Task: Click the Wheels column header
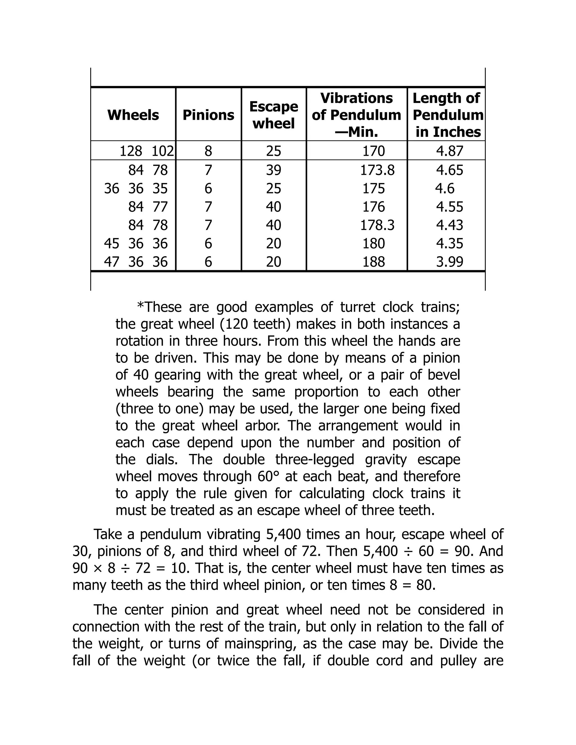click(133, 115)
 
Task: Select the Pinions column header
click(208, 115)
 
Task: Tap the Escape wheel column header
click(274, 115)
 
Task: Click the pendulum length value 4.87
click(449, 151)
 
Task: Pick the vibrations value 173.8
click(377, 170)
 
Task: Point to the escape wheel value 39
click(274, 170)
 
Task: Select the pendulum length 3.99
click(449, 262)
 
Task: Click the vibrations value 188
click(374, 262)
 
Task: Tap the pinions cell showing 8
click(208, 151)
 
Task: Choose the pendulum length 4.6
click(445, 188)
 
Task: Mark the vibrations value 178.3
click(377, 225)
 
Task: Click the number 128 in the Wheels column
click(131, 151)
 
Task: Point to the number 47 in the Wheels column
click(112, 262)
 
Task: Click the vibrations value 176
click(374, 207)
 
